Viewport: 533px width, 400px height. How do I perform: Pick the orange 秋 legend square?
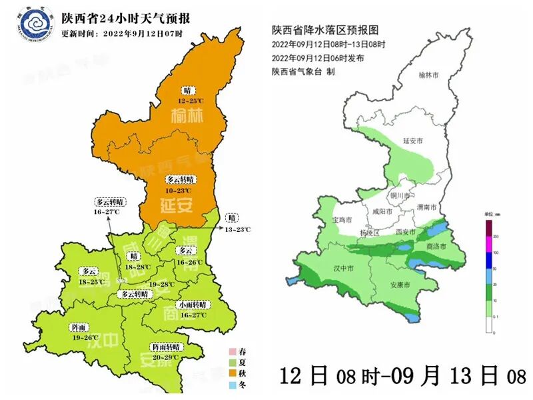(x=233, y=373)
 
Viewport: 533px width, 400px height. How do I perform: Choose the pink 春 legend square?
(x=233, y=352)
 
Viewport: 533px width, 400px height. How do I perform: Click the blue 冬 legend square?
(x=233, y=385)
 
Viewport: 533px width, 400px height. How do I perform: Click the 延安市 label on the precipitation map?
(x=414, y=141)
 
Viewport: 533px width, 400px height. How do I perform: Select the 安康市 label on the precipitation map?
(x=400, y=285)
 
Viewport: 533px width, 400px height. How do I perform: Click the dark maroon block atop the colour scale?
(x=488, y=227)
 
